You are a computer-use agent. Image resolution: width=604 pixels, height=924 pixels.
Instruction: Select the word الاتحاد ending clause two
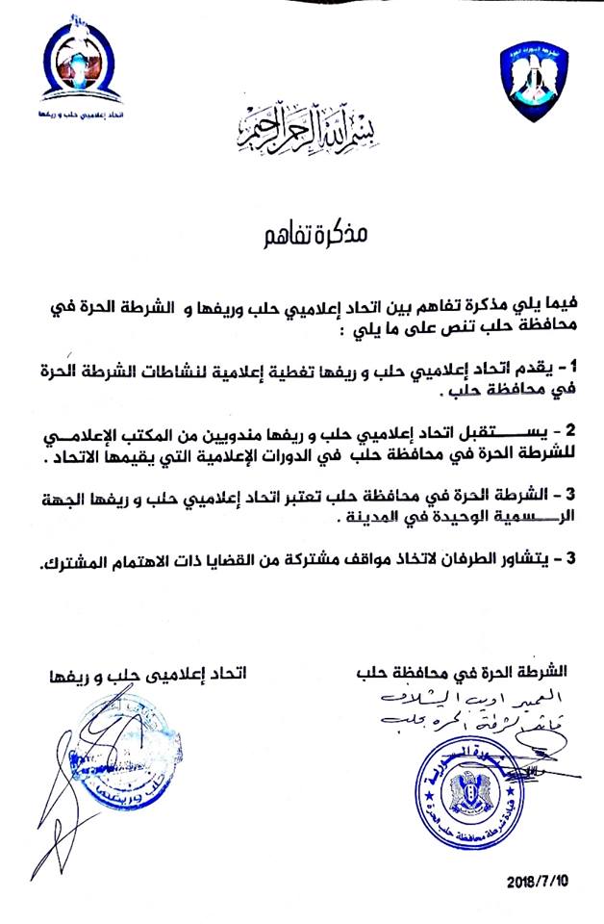click(73, 459)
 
